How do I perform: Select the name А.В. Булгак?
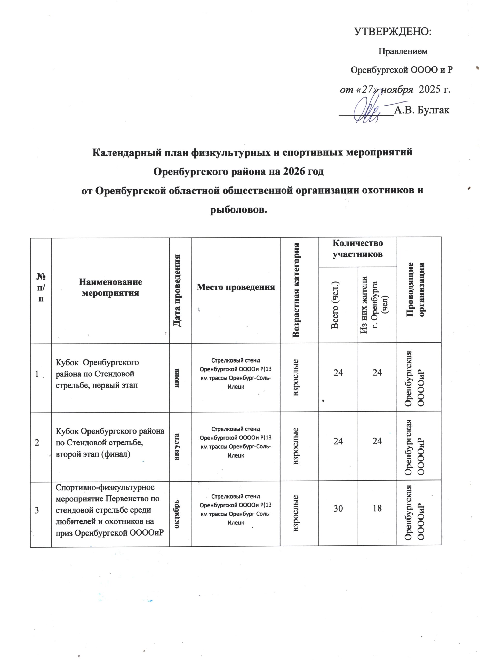click(421, 110)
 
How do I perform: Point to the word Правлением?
click(403, 51)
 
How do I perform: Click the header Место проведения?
click(236, 287)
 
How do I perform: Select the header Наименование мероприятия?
click(110, 287)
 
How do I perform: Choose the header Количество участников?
click(357, 249)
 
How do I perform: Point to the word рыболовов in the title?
click(238, 209)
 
